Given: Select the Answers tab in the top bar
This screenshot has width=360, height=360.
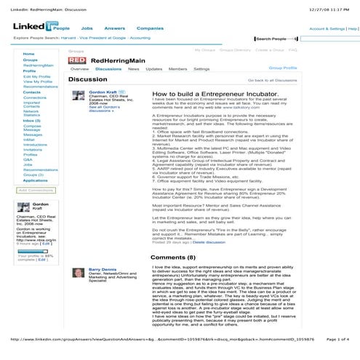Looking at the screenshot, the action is click(x=114, y=28).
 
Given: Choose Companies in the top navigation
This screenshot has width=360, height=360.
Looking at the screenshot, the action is click(x=150, y=28).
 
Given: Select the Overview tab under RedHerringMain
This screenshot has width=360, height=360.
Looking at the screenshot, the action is click(x=79, y=68).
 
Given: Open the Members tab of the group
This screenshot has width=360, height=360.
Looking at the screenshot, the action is click(x=177, y=68).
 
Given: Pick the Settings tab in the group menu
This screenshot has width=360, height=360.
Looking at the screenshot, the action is click(x=201, y=68).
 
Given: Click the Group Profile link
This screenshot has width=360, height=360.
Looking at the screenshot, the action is click(x=283, y=67).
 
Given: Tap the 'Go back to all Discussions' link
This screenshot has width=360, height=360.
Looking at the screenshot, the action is click(x=273, y=80).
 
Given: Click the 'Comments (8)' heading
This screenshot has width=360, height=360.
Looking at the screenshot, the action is click(x=173, y=257).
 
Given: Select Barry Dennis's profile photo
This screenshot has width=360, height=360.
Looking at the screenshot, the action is click(x=78, y=274).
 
